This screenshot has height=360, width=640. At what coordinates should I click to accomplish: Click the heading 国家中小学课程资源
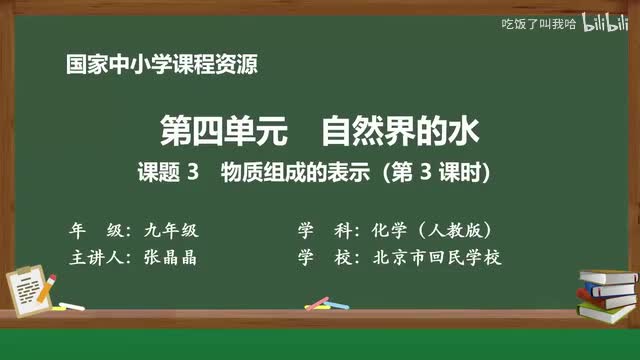pyautogui.click(x=161, y=67)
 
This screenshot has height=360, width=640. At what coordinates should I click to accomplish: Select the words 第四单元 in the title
pyautogui.click(x=204, y=130)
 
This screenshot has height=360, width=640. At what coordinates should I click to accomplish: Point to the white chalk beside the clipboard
pyautogui.click(x=71, y=304)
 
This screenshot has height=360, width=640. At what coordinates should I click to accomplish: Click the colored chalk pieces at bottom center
pyautogui.click(x=318, y=301)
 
